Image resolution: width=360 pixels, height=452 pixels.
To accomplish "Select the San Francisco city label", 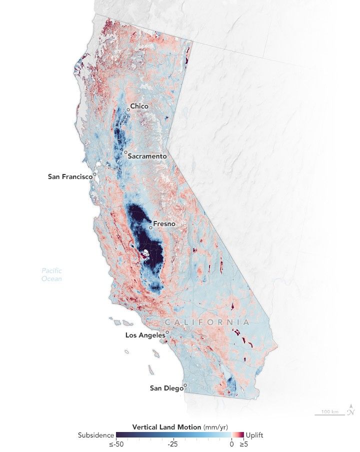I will point(70,176).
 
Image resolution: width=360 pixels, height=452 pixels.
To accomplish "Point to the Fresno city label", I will point(164,223).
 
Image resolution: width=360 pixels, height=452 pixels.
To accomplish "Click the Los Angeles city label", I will point(145,335).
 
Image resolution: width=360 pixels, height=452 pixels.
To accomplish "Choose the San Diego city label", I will point(166,387).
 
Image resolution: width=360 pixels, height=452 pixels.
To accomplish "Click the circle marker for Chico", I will point(128,109).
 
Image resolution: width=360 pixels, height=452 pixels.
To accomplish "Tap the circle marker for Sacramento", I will point(125,152).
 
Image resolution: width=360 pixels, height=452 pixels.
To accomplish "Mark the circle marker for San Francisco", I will point(94,174).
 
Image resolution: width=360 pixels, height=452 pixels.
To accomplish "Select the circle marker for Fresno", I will point(150,227).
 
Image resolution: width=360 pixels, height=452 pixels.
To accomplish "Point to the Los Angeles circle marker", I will point(167,331).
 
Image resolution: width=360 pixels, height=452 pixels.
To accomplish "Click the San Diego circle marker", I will point(185,385).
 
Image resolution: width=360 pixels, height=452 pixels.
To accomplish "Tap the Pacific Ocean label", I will point(51,275).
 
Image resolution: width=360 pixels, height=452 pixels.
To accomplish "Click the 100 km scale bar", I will point(330,413).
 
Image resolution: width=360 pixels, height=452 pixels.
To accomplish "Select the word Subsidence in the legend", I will point(95,435).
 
